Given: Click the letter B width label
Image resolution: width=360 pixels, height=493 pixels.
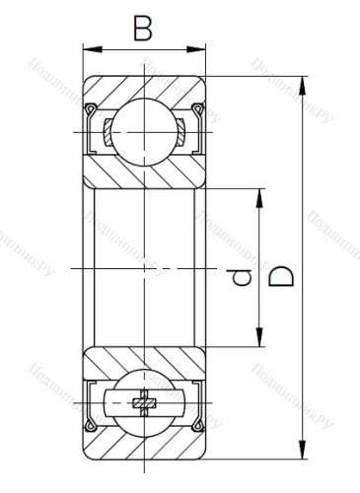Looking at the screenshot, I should [x=143, y=30].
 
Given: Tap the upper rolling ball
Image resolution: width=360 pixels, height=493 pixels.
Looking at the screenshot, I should [x=144, y=133].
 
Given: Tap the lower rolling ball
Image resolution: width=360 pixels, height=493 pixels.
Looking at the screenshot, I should [x=144, y=403].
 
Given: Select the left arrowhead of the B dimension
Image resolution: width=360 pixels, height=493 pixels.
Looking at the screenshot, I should [x=89, y=47].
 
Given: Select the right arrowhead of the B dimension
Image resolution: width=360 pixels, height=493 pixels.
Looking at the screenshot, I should [x=199, y=47].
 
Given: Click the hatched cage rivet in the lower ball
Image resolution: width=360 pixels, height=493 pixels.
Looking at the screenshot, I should [x=144, y=403].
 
